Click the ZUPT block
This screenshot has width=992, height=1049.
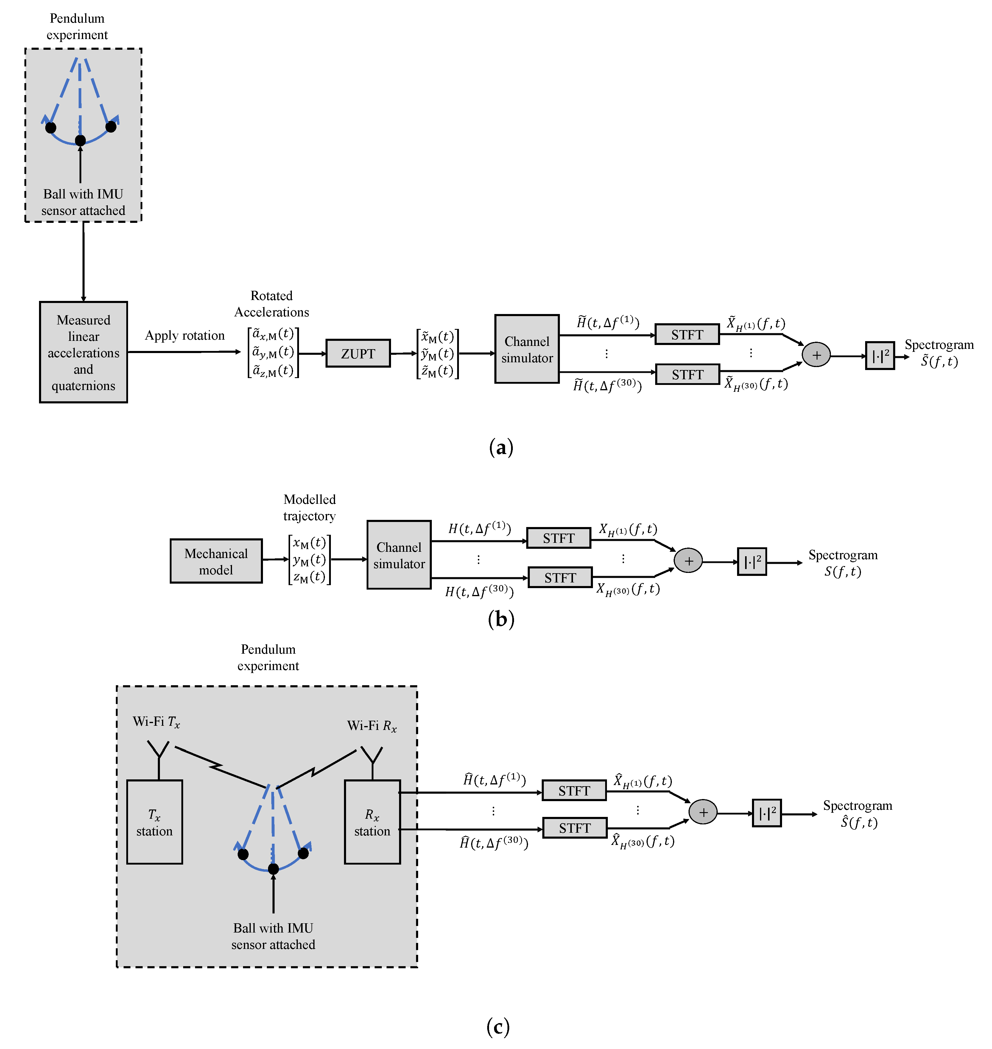click(358, 353)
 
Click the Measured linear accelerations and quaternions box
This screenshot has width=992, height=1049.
click(84, 352)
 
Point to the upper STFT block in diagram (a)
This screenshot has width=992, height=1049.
click(687, 334)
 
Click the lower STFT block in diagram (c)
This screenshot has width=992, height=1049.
click(575, 828)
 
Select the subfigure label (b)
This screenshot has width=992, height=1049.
click(501, 618)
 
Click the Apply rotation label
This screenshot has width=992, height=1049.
click(185, 335)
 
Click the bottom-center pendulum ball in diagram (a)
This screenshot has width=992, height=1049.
click(80, 140)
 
